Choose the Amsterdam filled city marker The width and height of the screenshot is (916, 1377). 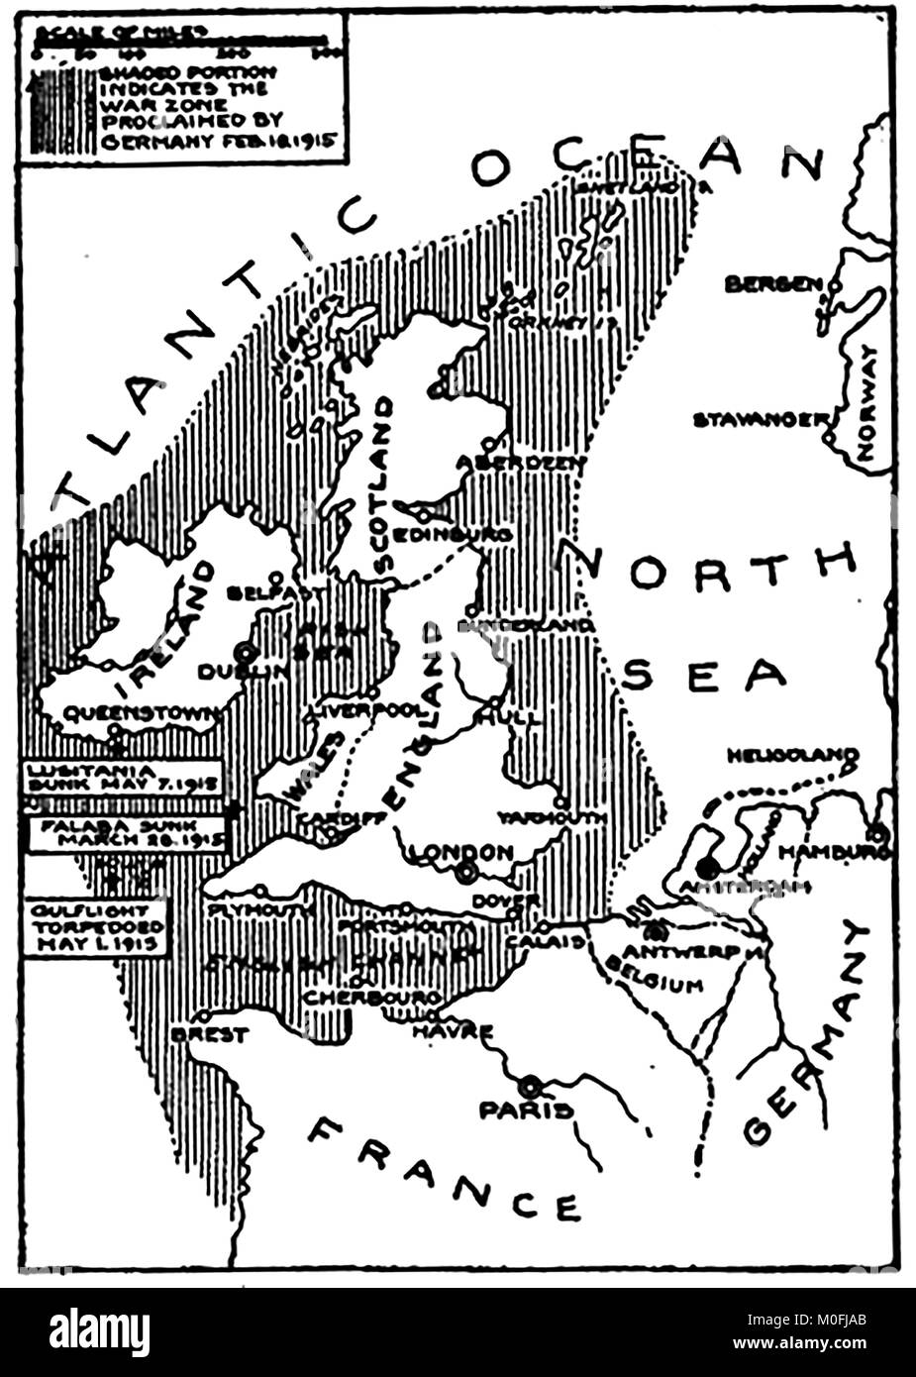[x=706, y=868]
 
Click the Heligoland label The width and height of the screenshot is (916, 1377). [x=790, y=756]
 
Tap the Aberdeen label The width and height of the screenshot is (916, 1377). [x=522, y=463]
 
